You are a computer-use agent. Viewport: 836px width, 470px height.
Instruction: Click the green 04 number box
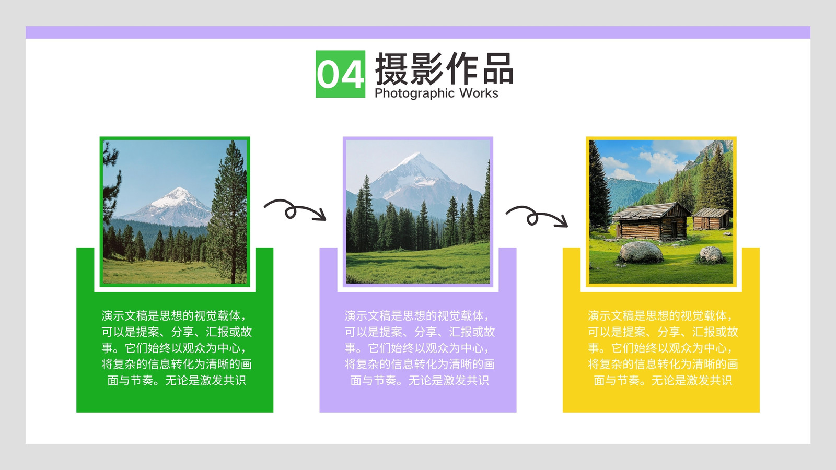[x=340, y=74]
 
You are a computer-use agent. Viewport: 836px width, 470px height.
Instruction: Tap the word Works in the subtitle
[x=479, y=93]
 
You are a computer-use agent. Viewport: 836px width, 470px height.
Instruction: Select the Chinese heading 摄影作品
[x=444, y=68]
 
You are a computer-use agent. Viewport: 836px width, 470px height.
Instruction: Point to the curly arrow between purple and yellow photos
[x=537, y=216]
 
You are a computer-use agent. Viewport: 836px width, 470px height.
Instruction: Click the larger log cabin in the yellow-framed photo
[x=651, y=221]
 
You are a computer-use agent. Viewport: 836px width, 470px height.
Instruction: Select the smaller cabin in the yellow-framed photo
[x=711, y=218]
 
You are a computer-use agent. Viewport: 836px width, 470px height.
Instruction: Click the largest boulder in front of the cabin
[x=641, y=252]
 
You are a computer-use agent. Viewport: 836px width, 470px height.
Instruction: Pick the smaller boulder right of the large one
[x=711, y=254]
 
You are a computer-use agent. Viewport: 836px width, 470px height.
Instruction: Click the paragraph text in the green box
[x=177, y=348]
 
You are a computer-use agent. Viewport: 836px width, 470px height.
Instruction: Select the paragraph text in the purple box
[x=420, y=348]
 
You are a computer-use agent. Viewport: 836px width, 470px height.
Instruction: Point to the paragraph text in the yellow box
[x=663, y=348]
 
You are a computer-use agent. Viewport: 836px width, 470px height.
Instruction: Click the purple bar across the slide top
[x=418, y=32]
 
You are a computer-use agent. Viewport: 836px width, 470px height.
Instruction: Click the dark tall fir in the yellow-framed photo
[x=598, y=186]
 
